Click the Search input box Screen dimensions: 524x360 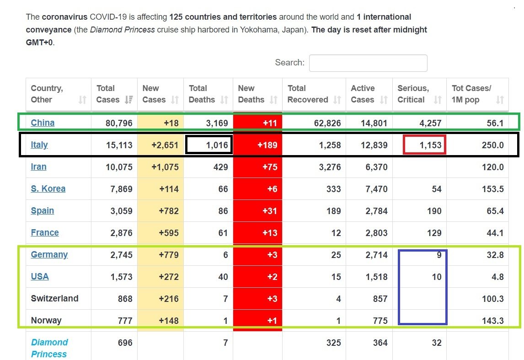click(x=368, y=63)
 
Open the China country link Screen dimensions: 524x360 click(x=43, y=123)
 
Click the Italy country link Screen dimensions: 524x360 click(x=39, y=145)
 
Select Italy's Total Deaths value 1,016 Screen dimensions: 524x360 click(x=217, y=145)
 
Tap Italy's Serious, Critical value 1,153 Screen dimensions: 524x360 click(x=430, y=145)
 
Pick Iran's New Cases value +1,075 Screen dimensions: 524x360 click(x=165, y=167)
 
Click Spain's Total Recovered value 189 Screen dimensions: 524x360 click(x=333, y=211)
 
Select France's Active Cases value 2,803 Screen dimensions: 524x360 click(x=376, y=233)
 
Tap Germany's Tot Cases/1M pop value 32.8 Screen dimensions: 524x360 click(x=495, y=255)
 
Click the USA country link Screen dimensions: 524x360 click(x=40, y=276)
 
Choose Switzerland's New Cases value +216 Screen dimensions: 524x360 click(x=169, y=299)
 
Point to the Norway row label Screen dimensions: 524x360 click(x=46, y=321)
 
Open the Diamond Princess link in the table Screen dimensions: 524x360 click(x=49, y=348)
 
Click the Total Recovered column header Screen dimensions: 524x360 click(x=307, y=94)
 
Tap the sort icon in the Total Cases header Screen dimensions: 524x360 click(x=128, y=100)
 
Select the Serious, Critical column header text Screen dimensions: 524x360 click(x=413, y=94)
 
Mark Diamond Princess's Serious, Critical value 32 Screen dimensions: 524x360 click(x=437, y=343)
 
